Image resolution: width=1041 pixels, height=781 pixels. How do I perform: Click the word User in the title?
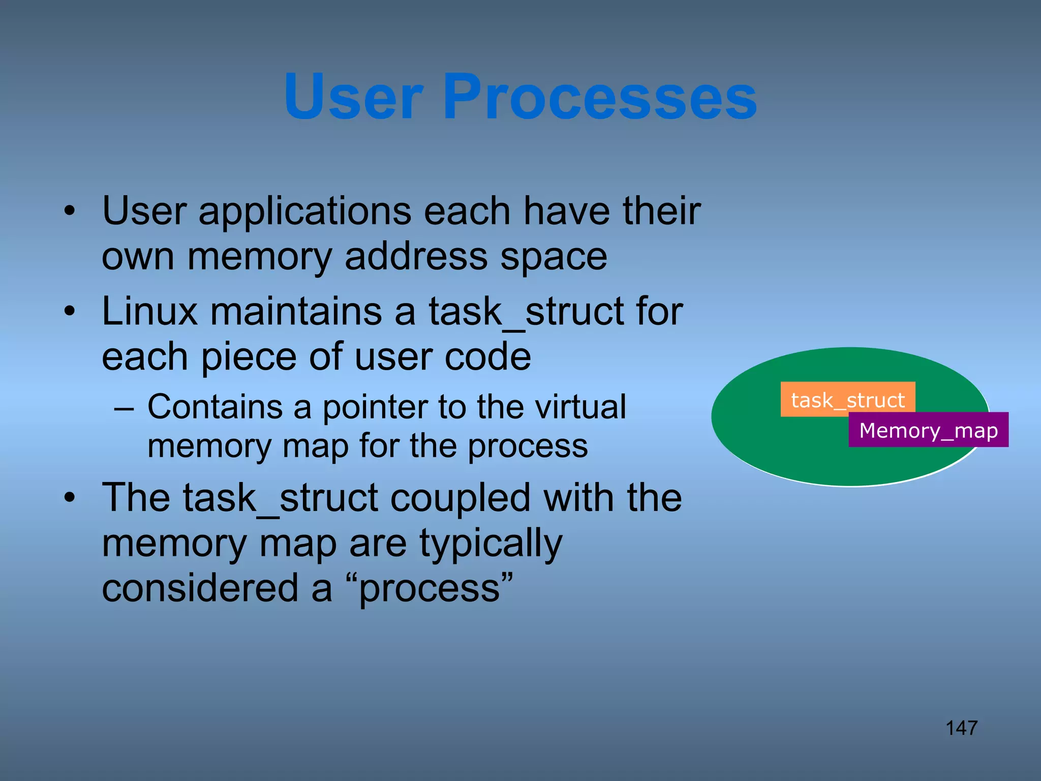tap(353, 97)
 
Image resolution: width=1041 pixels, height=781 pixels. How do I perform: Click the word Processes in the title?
tap(600, 97)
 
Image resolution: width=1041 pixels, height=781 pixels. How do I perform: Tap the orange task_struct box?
tap(847, 400)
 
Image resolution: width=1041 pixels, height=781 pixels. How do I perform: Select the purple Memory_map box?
tap(928, 430)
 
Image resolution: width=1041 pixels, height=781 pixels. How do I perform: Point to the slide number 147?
tap(961, 728)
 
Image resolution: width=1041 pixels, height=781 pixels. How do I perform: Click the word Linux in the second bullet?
tap(149, 311)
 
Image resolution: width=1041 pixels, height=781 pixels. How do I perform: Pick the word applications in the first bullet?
tap(303, 211)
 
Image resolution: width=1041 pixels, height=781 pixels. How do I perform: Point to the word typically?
tap(491, 544)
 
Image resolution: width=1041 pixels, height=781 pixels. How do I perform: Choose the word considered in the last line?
tap(200, 588)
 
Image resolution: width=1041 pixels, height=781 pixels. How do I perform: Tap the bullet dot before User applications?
tap(70, 211)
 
